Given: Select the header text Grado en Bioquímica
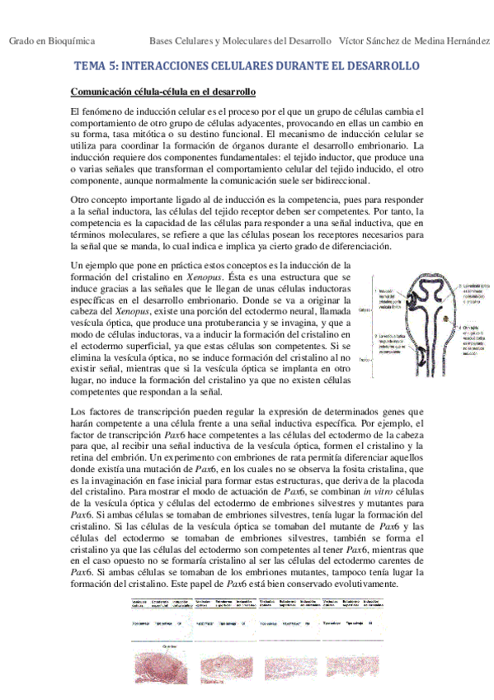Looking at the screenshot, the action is (51, 40).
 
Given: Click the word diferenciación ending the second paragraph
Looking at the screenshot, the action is (353, 247).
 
